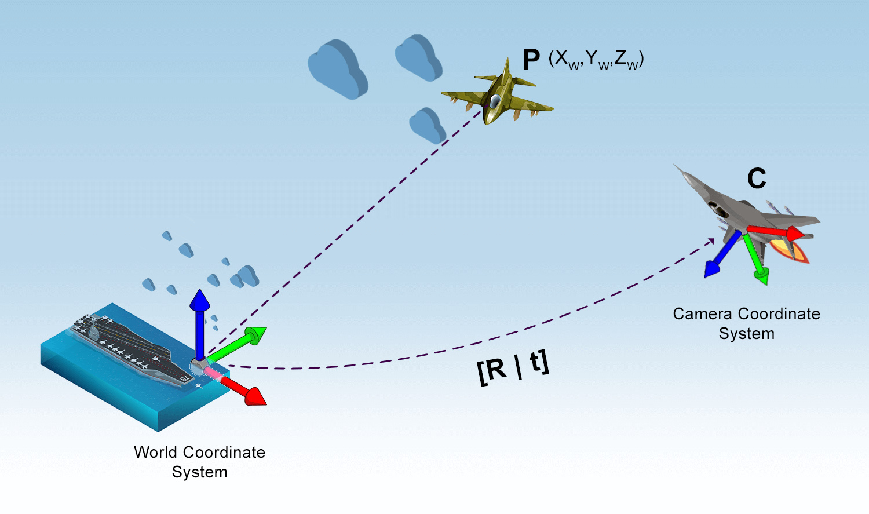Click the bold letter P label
(x=531, y=60)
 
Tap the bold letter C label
(x=757, y=178)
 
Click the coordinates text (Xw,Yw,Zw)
(x=596, y=60)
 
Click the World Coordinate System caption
(x=199, y=462)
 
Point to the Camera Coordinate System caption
(x=746, y=323)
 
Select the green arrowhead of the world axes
(x=256, y=335)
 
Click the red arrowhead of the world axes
(x=255, y=396)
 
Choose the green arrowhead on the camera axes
(x=762, y=276)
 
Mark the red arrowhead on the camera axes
(x=795, y=234)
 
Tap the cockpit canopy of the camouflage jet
(x=495, y=101)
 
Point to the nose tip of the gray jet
(x=674, y=165)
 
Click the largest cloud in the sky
(x=338, y=69)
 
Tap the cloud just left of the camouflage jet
(x=428, y=125)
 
